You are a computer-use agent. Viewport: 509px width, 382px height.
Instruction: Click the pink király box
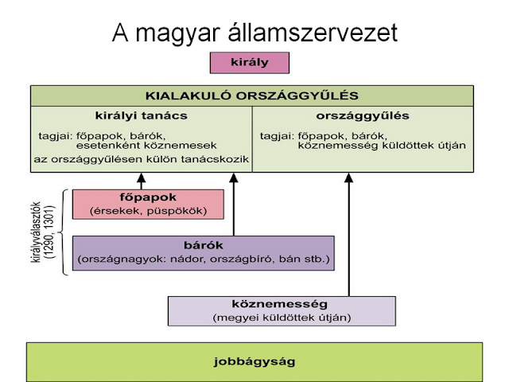click(249, 63)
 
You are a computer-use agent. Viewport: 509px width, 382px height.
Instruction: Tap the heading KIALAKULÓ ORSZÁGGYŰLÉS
click(251, 95)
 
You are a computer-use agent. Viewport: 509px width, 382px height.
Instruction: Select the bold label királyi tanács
click(140, 116)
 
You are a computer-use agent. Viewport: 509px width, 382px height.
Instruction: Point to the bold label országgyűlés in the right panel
click(362, 116)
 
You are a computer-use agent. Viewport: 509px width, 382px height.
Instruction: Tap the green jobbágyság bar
click(254, 361)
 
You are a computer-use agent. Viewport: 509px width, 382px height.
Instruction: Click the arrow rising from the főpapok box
click(142, 181)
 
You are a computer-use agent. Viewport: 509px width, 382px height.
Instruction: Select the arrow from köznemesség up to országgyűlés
click(349, 235)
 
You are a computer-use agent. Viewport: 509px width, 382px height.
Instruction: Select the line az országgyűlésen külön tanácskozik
click(142, 160)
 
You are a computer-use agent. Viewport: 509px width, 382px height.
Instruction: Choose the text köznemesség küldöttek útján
click(381, 146)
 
